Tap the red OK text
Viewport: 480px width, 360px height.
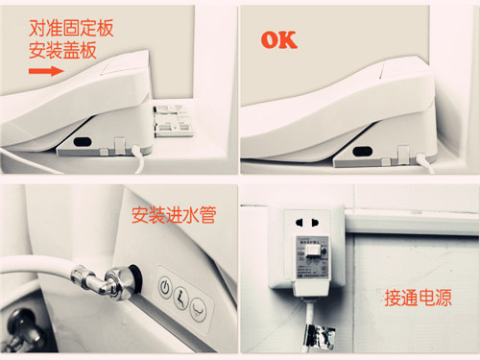click(x=278, y=40)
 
